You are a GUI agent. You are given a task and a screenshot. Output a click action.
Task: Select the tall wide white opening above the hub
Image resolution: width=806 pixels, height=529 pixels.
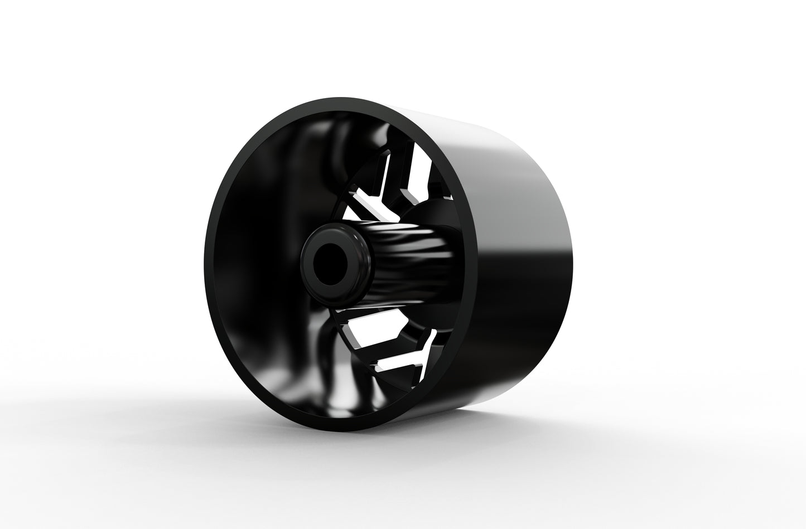tap(419, 168)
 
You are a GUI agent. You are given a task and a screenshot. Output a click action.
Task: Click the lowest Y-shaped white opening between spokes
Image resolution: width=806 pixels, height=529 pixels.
tap(407, 357)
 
